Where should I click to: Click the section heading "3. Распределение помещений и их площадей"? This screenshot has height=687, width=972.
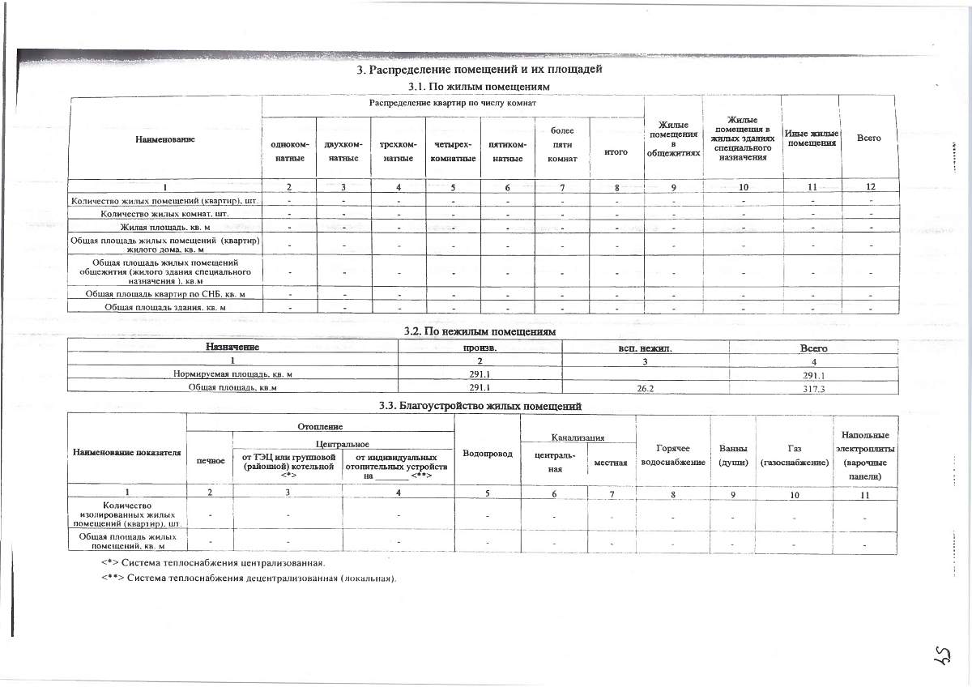tap(480, 70)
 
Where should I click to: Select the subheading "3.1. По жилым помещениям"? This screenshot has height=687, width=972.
tap(480, 86)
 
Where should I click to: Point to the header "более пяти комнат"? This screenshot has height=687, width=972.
tap(562, 144)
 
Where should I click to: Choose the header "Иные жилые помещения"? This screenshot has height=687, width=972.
tap(810, 138)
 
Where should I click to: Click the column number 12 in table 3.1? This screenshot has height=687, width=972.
tap(870, 187)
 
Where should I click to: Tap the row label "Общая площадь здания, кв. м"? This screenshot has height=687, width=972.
tap(165, 307)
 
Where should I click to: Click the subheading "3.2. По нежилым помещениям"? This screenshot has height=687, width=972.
tap(480, 331)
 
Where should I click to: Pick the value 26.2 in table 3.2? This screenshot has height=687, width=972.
tap(646, 388)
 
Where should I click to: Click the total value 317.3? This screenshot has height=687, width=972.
tap(812, 389)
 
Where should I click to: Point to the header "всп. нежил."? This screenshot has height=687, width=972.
tap(646, 347)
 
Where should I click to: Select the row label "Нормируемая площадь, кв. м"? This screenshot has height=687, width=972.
tap(232, 374)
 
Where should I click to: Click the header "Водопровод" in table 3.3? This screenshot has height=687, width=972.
tap(488, 453)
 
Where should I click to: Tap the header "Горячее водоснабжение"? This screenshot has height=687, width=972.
tap(672, 455)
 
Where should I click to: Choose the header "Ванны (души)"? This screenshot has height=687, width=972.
tap(732, 455)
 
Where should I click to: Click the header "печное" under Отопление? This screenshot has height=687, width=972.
tap(210, 461)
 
